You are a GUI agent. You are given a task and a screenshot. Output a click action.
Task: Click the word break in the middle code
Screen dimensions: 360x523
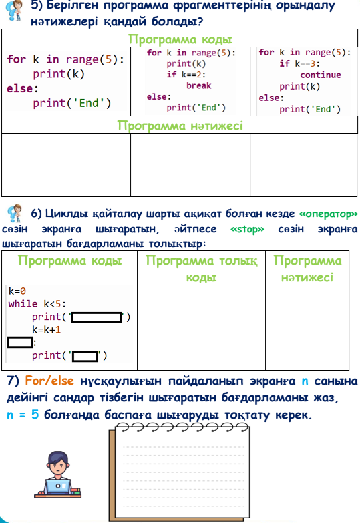pos(199,85)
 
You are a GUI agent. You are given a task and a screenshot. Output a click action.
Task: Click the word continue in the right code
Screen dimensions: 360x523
pos(321,75)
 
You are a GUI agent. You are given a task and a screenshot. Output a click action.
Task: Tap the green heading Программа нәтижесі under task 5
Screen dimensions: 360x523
pos(180,126)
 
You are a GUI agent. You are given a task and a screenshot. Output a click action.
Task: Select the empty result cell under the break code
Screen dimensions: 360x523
pos(190,165)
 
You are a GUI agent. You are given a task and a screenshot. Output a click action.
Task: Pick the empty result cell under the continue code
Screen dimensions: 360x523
pos(304,165)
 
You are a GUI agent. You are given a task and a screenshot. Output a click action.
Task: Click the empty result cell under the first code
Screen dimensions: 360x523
pos(66,165)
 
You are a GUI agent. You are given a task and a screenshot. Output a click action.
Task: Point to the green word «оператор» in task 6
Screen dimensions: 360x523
pos(329,214)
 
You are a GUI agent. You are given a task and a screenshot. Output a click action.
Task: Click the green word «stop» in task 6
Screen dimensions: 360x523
pos(247,229)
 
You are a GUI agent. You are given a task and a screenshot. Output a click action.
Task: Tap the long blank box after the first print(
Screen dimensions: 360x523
pos(96,317)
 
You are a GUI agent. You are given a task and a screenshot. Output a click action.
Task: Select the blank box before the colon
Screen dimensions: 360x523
pos(20,342)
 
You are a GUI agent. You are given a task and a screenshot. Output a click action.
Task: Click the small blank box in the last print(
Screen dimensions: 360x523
pos(85,356)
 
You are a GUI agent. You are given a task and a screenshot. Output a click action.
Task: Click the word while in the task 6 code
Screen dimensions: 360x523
pos(23,304)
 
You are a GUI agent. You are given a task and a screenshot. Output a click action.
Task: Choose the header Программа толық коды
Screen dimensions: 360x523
pos(201,269)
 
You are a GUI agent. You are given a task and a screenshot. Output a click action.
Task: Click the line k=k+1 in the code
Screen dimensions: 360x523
pos(46,330)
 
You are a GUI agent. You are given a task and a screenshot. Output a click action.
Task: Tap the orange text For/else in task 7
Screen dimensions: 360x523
pos(49,381)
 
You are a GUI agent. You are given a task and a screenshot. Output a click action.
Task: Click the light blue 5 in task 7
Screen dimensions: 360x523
pos(35,415)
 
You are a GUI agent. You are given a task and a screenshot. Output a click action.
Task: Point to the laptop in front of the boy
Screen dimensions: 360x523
pos(57,487)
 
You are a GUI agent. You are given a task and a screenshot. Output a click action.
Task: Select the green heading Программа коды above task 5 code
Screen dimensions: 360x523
pos(180,39)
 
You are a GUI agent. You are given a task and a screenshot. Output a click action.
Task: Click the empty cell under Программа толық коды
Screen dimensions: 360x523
pos(201,327)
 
